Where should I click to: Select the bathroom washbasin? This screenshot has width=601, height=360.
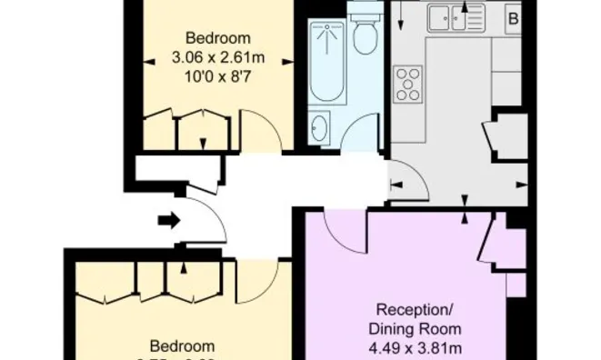pyautogui.click(x=319, y=127)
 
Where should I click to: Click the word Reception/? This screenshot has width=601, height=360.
pyautogui.click(x=415, y=309)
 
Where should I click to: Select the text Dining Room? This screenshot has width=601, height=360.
pyautogui.click(x=415, y=327)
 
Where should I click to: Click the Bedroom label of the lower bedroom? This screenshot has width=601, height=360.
pyautogui.click(x=183, y=345)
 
